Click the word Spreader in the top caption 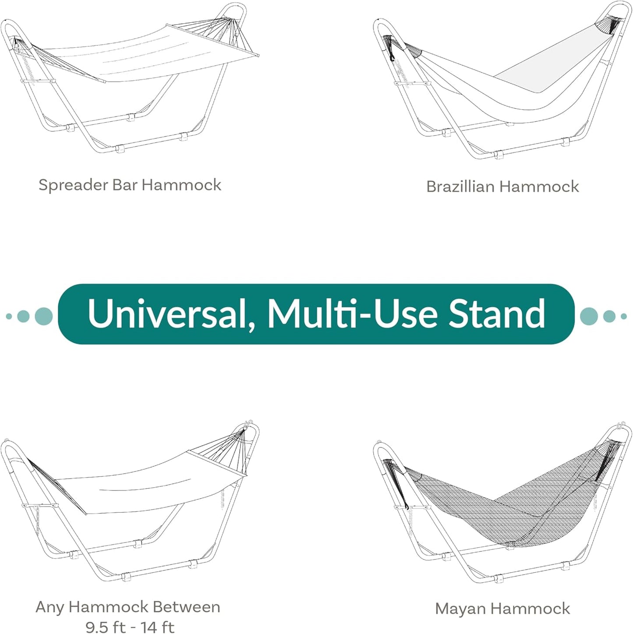pyautogui.click(x=73, y=185)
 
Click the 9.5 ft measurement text pyautogui.click(x=105, y=627)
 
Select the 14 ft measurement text pyautogui.click(x=157, y=627)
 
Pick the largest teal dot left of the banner pyautogui.click(x=43, y=316)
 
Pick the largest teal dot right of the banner pyautogui.click(x=589, y=316)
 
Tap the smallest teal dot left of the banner pyautogui.click(x=9, y=316)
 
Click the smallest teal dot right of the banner pyautogui.click(x=624, y=316)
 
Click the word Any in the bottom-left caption pyautogui.click(x=50, y=607)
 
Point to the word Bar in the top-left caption pyautogui.click(x=125, y=185)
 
